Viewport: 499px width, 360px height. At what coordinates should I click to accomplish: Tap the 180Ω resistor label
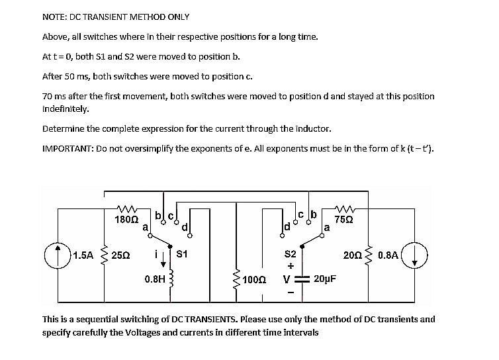(126, 218)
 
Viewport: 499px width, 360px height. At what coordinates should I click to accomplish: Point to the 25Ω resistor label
(120, 255)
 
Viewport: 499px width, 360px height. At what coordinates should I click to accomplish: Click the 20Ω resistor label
(352, 255)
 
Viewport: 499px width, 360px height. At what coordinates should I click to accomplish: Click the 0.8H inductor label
(155, 279)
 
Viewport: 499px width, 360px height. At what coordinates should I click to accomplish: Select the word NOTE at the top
(55, 17)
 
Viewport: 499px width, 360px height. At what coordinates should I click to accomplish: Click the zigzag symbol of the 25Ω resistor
(104, 255)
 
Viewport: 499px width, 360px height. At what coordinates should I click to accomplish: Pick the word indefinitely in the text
(65, 109)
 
